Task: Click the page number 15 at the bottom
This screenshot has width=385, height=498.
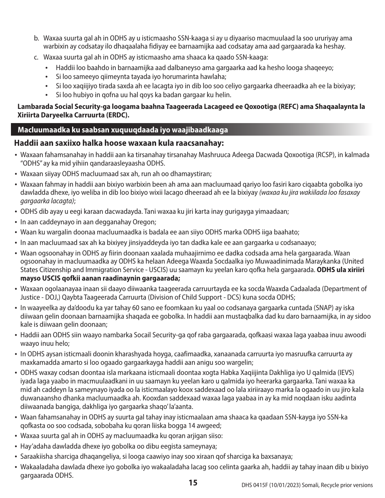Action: click(x=192, y=483)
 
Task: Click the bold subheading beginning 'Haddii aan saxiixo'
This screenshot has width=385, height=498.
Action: click(x=119, y=143)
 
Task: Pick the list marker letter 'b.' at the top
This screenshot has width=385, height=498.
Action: click(x=36, y=38)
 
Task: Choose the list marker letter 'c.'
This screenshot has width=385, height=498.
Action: click(x=36, y=57)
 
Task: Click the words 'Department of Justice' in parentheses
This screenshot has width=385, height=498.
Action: click(x=342, y=289)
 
